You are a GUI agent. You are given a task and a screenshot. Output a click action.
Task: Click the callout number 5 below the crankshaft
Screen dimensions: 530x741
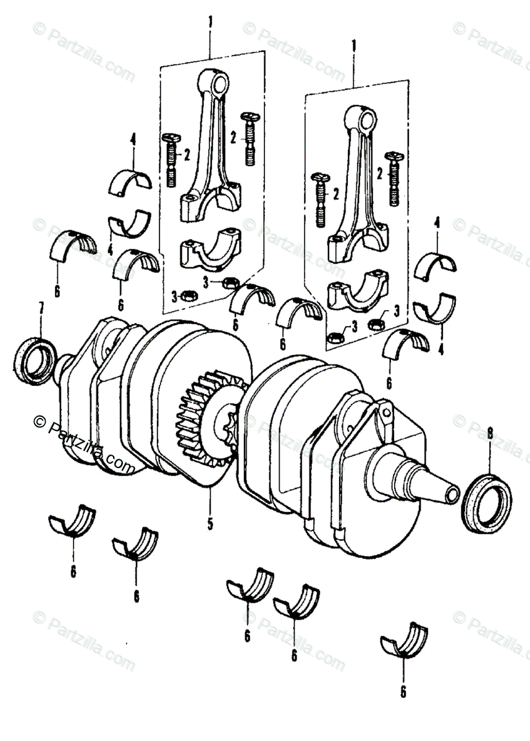coord(209,525)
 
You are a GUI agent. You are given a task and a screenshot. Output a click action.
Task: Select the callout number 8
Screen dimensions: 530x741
coord(490,435)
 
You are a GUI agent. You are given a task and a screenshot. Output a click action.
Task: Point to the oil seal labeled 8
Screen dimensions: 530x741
coord(487,503)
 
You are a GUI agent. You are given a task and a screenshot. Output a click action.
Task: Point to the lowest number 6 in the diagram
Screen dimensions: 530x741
coord(403,692)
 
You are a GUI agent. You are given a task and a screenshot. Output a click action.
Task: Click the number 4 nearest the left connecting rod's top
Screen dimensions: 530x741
coord(132,140)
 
